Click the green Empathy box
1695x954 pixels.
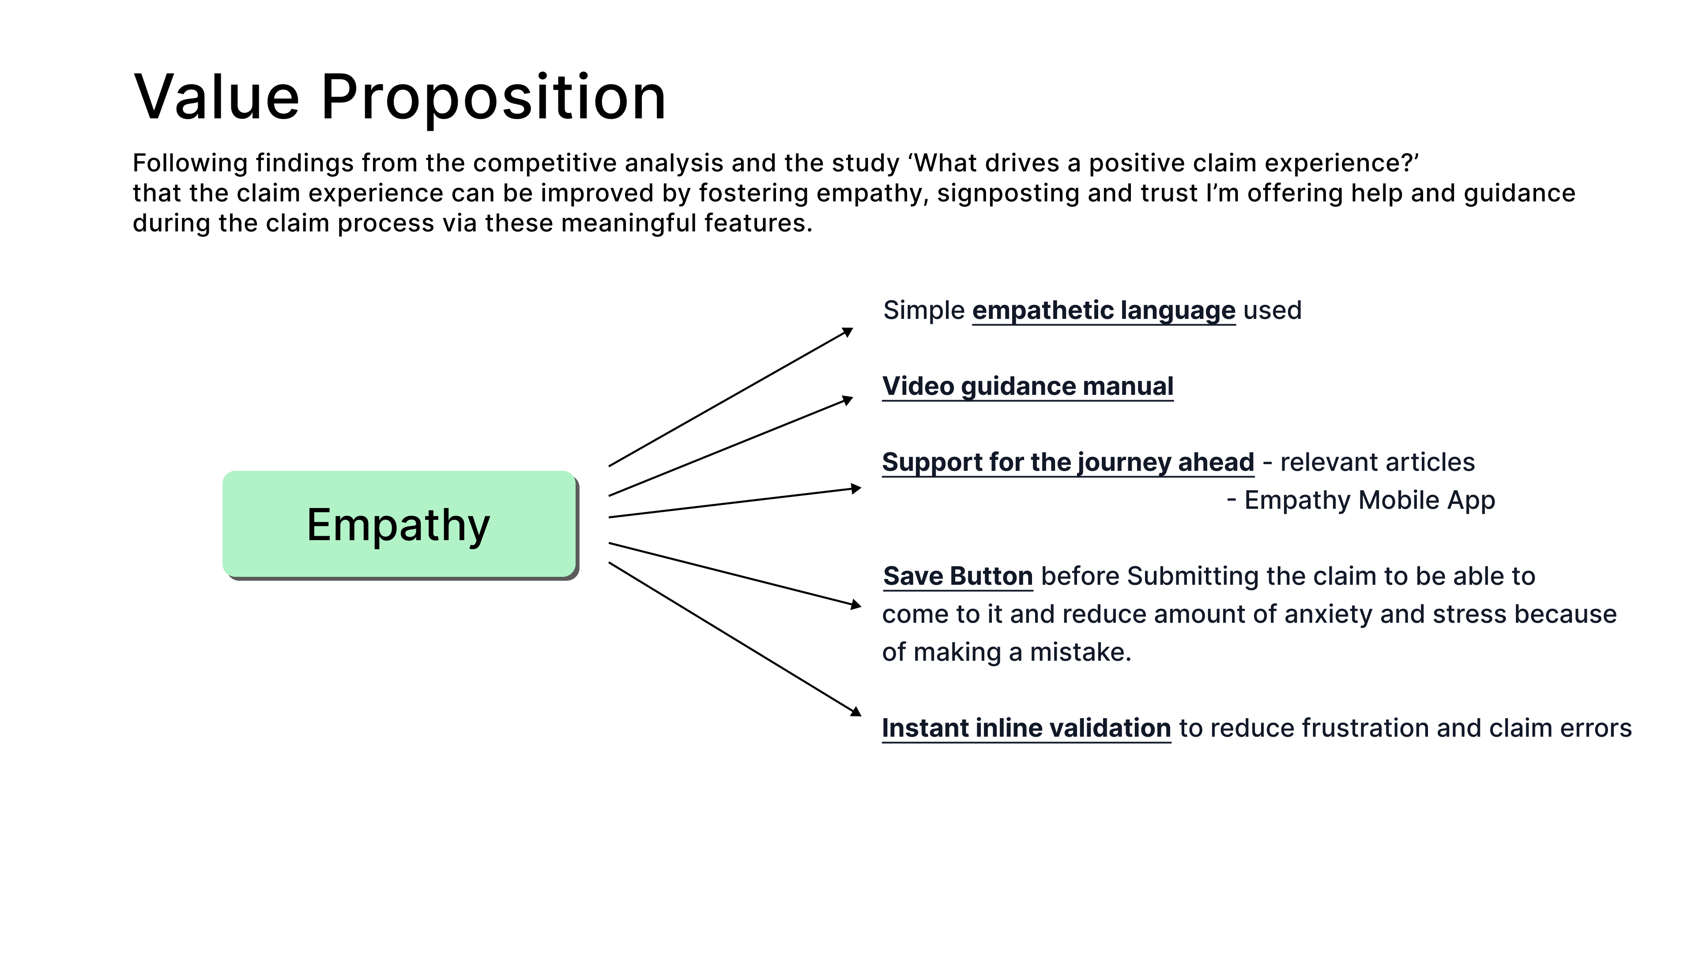pos(399,524)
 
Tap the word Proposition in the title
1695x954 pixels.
pos(493,99)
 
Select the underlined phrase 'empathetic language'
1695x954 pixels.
pos(1104,310)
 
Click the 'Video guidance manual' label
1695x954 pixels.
pos(1027,386)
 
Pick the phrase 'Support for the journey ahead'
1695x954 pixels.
pos(1067,462)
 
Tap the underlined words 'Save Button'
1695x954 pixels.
pos(957,576)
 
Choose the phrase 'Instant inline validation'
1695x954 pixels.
pos(1026,728)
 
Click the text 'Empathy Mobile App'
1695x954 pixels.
pos(1369,500)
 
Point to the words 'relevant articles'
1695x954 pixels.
pos(1377,462)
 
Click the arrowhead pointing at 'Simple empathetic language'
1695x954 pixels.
pos(848,332)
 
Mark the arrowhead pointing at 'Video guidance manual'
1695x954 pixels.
pos(848,400)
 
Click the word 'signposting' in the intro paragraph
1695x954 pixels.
pos(1007,193)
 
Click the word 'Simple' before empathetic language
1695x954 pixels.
pos(923,310)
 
